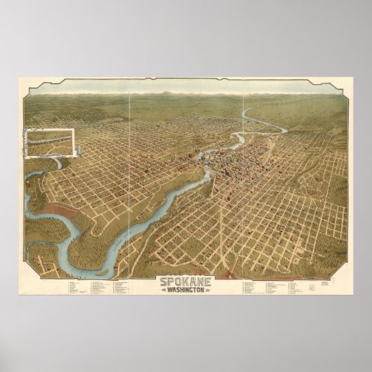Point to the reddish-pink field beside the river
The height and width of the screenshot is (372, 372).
pyautogui.click(x=63, y=211)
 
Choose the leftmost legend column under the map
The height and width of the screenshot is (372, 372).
pyautogui.click(x=76, y=287)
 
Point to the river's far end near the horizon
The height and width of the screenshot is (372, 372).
pyautogui.click(x=245, y=110)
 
